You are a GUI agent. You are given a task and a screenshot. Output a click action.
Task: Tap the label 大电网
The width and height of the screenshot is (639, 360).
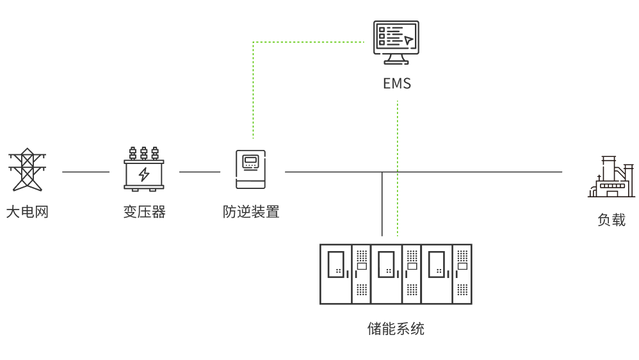(x=28, y=212)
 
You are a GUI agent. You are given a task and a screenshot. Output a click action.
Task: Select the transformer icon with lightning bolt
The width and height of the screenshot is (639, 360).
(x=144, y=170)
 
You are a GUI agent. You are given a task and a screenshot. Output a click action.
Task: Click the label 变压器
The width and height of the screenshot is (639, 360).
(x=144, y=212)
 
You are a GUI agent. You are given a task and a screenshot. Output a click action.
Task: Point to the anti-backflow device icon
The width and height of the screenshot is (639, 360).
(x=250, y=170)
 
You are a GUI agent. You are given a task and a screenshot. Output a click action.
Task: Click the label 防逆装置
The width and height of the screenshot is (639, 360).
(x=251, y=212)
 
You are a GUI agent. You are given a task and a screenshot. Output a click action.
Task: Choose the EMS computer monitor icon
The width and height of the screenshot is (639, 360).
(x=396, y=42)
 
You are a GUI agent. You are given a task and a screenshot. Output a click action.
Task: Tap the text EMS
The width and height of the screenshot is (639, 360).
(x=396, y=84)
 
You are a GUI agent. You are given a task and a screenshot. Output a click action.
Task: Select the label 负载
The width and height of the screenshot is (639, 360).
(x=611, y=220)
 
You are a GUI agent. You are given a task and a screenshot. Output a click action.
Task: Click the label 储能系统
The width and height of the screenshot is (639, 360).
(x=396, y=329)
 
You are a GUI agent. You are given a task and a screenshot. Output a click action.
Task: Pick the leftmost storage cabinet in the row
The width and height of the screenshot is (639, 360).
(x=345, y=274)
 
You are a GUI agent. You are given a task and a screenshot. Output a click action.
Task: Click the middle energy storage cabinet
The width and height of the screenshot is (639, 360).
(x=396, y=274)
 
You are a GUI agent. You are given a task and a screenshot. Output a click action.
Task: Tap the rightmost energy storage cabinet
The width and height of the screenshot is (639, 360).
(x=446, y=274)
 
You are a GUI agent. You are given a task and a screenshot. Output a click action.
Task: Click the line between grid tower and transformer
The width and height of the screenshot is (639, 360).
(x=86, y=172)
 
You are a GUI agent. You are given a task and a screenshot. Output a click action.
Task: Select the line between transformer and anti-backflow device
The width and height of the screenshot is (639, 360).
(x=200, y=172)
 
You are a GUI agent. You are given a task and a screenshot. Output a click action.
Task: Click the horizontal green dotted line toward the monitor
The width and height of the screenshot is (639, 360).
(x=307, y=42)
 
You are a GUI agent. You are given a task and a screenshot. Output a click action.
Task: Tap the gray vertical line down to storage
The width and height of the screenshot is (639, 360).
(x=382, y=205)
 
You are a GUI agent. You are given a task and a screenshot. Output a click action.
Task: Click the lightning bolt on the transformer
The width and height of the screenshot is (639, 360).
(x=144, y=174)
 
